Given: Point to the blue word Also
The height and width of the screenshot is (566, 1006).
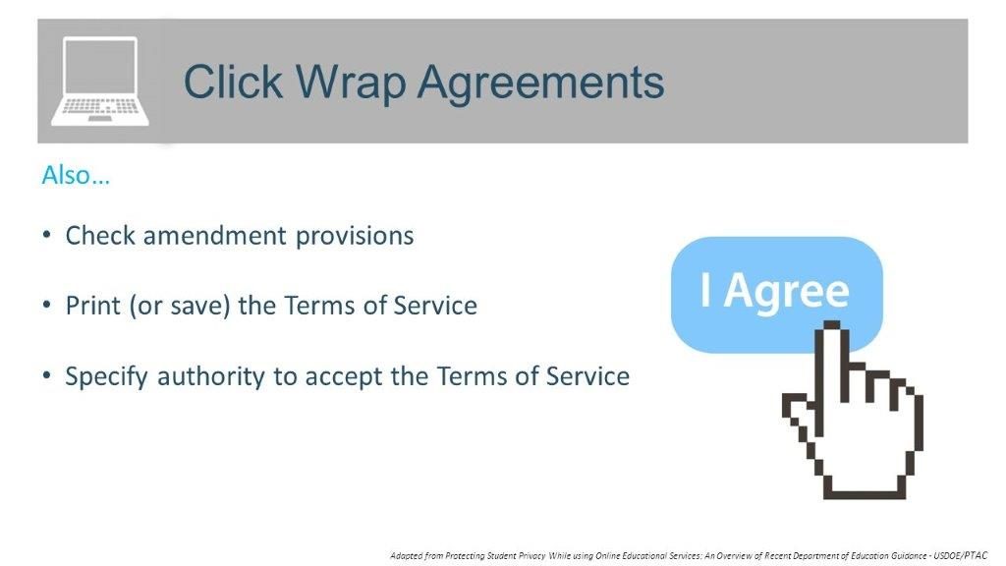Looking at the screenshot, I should pos(75,176).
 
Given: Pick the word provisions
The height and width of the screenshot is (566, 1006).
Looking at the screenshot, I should pos(358,237).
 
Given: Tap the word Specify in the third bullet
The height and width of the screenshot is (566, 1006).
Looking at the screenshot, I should pos(101,376).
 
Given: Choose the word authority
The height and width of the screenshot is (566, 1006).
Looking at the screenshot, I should pos(206,376).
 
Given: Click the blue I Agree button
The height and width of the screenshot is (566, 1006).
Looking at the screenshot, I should pos(776,293).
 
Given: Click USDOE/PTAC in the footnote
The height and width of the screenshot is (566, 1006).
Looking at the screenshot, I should pos(968,555).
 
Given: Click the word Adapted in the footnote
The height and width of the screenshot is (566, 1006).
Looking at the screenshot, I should pos(408,555).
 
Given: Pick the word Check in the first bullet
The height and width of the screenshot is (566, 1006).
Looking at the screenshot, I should pos(94,236).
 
